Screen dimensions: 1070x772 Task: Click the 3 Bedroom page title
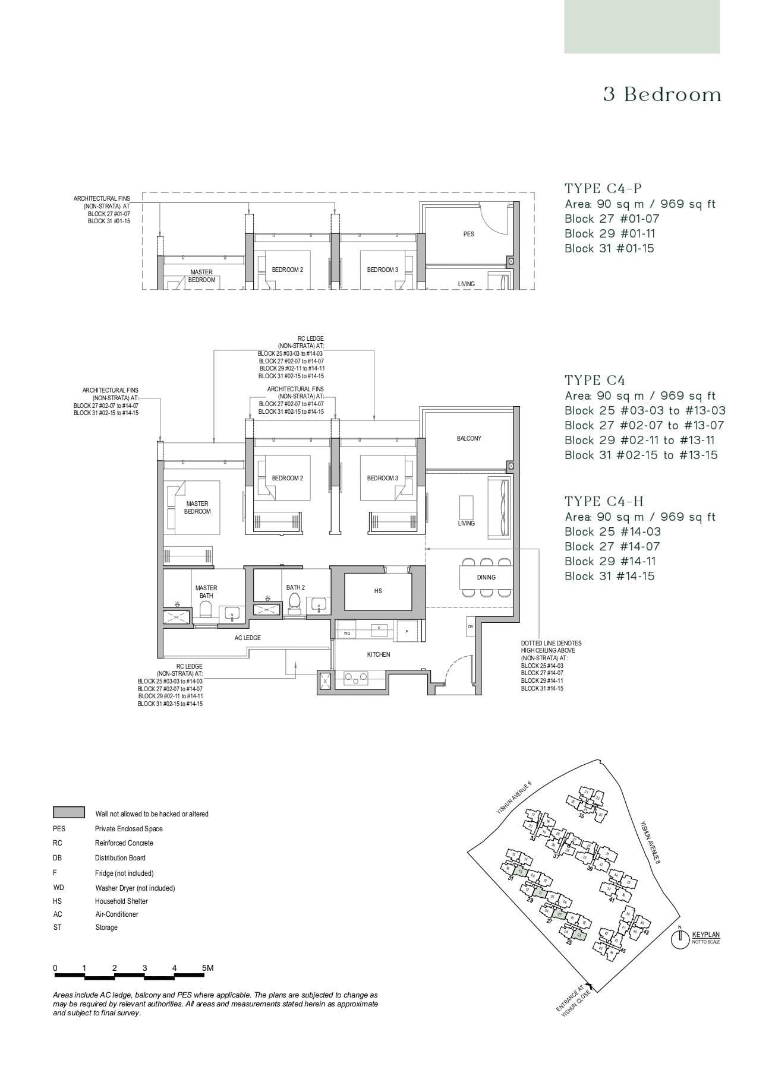661,94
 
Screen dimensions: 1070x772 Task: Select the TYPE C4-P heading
603,189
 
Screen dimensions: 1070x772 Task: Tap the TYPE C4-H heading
604,501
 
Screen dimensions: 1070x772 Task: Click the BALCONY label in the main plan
469,438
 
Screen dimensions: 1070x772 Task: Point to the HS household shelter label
378,591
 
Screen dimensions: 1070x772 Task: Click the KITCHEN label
379,654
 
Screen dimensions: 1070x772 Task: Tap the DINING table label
486,577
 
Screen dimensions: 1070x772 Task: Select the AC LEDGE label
247,638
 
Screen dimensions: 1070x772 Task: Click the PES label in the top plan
469,234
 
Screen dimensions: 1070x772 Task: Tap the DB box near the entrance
470,626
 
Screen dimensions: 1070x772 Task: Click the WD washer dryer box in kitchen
346,634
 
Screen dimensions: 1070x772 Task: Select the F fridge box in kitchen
407,631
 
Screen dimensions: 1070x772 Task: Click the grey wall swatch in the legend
68,812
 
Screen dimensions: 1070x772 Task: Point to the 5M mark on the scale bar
207,968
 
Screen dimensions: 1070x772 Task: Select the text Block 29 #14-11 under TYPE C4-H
609,561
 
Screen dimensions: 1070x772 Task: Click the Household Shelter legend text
121,901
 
